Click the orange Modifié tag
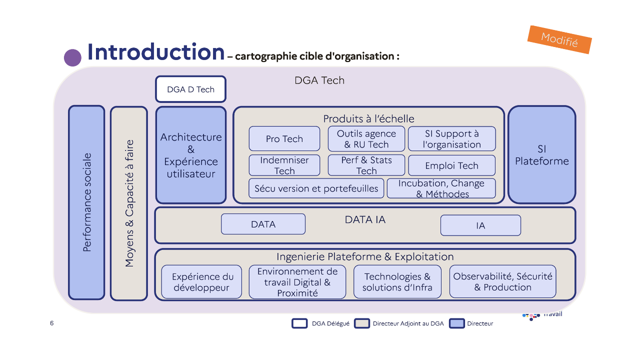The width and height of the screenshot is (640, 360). pos(559,39)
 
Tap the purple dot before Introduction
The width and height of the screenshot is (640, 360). pos(72,57)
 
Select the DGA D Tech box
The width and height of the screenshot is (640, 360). pos(190,89)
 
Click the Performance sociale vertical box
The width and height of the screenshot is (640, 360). pos(86,202)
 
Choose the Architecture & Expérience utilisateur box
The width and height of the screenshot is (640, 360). pos(190,155)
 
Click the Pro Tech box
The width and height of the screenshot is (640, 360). pos(284,139)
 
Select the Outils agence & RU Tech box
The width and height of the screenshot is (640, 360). pos(366,139)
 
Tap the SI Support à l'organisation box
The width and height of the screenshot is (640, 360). pos(451,139)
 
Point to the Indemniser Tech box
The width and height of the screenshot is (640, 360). pos(284,165)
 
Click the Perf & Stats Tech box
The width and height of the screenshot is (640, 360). pos(366,165)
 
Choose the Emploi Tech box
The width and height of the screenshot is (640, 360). pos(451,165)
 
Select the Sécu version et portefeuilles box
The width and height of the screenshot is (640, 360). pos(316,188)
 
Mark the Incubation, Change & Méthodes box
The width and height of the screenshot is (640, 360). pos(441,188)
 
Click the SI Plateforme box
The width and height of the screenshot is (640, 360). pos(541,155)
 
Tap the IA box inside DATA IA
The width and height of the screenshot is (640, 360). pos(480,225)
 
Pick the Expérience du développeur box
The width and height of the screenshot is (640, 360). pos(202,282)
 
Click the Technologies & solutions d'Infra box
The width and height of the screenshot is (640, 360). pos(397,282)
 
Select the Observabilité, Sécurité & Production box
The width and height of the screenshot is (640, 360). pos(502,281)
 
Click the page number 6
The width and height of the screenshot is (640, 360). pos(52,323)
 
